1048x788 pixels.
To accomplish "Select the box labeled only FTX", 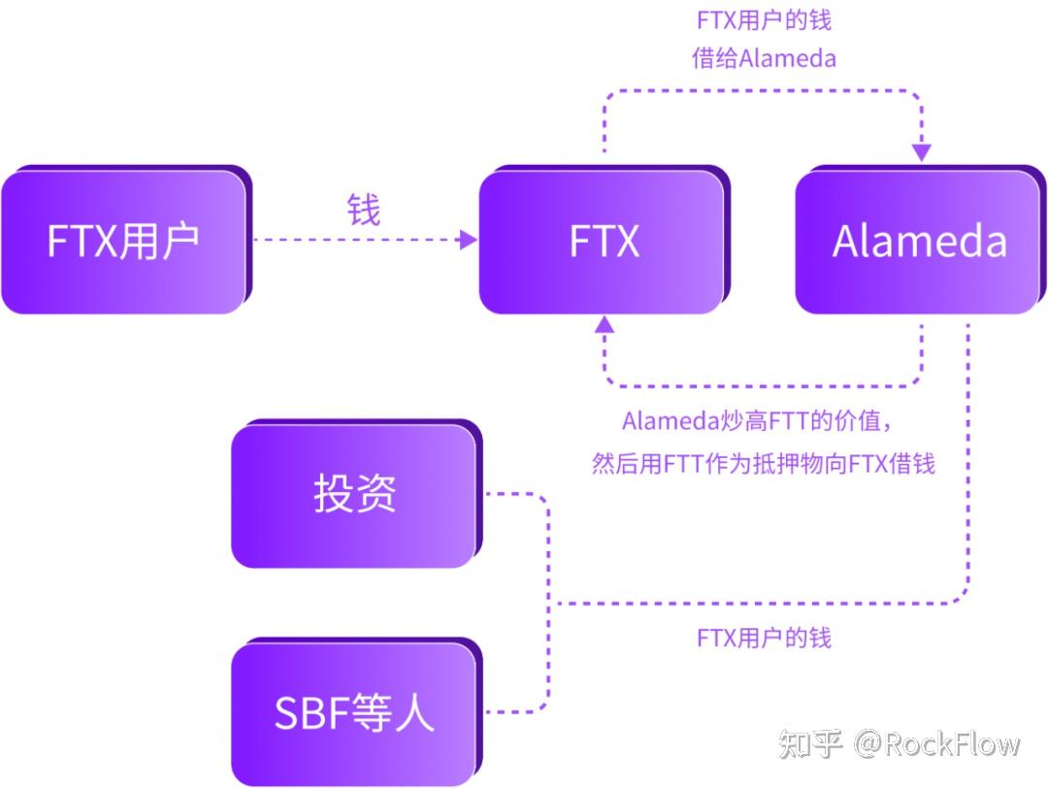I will pyautogui.click(x=603, y=242).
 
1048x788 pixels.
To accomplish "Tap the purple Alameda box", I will pyautogui.click(x=918, y=242).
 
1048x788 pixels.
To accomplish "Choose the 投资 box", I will pyautogui.click(x=354, y=494).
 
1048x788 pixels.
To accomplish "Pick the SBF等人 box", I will pyautogui.click(x=354, y=713).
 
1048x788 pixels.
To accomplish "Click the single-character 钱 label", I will pyautogui.click(x=364, y=210).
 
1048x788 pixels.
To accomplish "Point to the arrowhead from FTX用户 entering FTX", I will pyautogui.click(x=470, y=240).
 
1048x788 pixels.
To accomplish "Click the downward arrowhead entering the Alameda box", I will pyautogui.click(x=921, y=152).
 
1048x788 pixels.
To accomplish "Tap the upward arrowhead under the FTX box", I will pyautogui.click(x=604, y=324).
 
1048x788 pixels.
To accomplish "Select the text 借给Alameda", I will pyautogui.click(x=764, y=58).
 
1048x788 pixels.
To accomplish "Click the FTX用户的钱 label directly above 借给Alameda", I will pyautogui.click(x=764, y=19).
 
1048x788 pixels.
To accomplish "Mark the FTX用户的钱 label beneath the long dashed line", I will pyautogui.click(x=764, y=638).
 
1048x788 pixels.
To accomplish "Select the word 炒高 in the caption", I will pyautogui.click(x=738, y=422).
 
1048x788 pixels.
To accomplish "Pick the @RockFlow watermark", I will pyautogui.click(x=936, y=745).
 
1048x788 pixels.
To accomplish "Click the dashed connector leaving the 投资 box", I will pyautogui.click(x=514, y=495).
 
